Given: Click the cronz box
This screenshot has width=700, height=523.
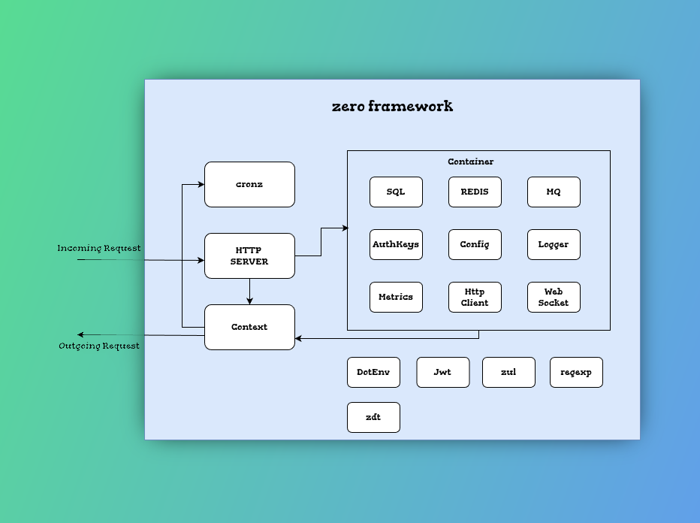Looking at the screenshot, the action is coord(249,184).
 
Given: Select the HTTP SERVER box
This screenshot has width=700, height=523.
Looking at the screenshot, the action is coord(249,256).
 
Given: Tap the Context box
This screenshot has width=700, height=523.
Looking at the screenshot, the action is coord(249,328).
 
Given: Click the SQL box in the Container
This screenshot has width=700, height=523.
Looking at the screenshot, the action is coord(396,192).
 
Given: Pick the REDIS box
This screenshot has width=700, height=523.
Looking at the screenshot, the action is coord(475,192).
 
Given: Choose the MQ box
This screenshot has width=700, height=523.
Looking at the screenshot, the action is coord(554,192).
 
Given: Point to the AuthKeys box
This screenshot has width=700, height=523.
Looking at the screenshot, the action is coord(396,245).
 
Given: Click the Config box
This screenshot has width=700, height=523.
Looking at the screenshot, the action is coord(475,245).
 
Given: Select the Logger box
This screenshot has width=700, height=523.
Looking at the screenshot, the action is coord(554,245).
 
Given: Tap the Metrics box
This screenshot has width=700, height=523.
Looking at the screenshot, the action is coord(396,297).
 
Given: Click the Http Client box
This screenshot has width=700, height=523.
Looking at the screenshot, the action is coord(475,297).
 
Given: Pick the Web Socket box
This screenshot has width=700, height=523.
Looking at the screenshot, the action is coord(554,297).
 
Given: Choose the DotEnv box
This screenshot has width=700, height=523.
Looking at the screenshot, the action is coord(374,373).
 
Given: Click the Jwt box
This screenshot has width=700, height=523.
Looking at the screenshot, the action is coord(443,373).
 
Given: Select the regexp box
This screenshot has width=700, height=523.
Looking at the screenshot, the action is coord(576,373).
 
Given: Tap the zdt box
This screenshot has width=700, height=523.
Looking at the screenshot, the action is coord(374,418).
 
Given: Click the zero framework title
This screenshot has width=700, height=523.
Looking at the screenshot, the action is coord(392,106).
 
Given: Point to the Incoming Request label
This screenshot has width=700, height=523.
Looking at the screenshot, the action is coord(99,248).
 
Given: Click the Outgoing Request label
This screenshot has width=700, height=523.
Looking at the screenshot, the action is coord(99,346).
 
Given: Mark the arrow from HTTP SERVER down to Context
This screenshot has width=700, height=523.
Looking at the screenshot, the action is coord(249,292).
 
